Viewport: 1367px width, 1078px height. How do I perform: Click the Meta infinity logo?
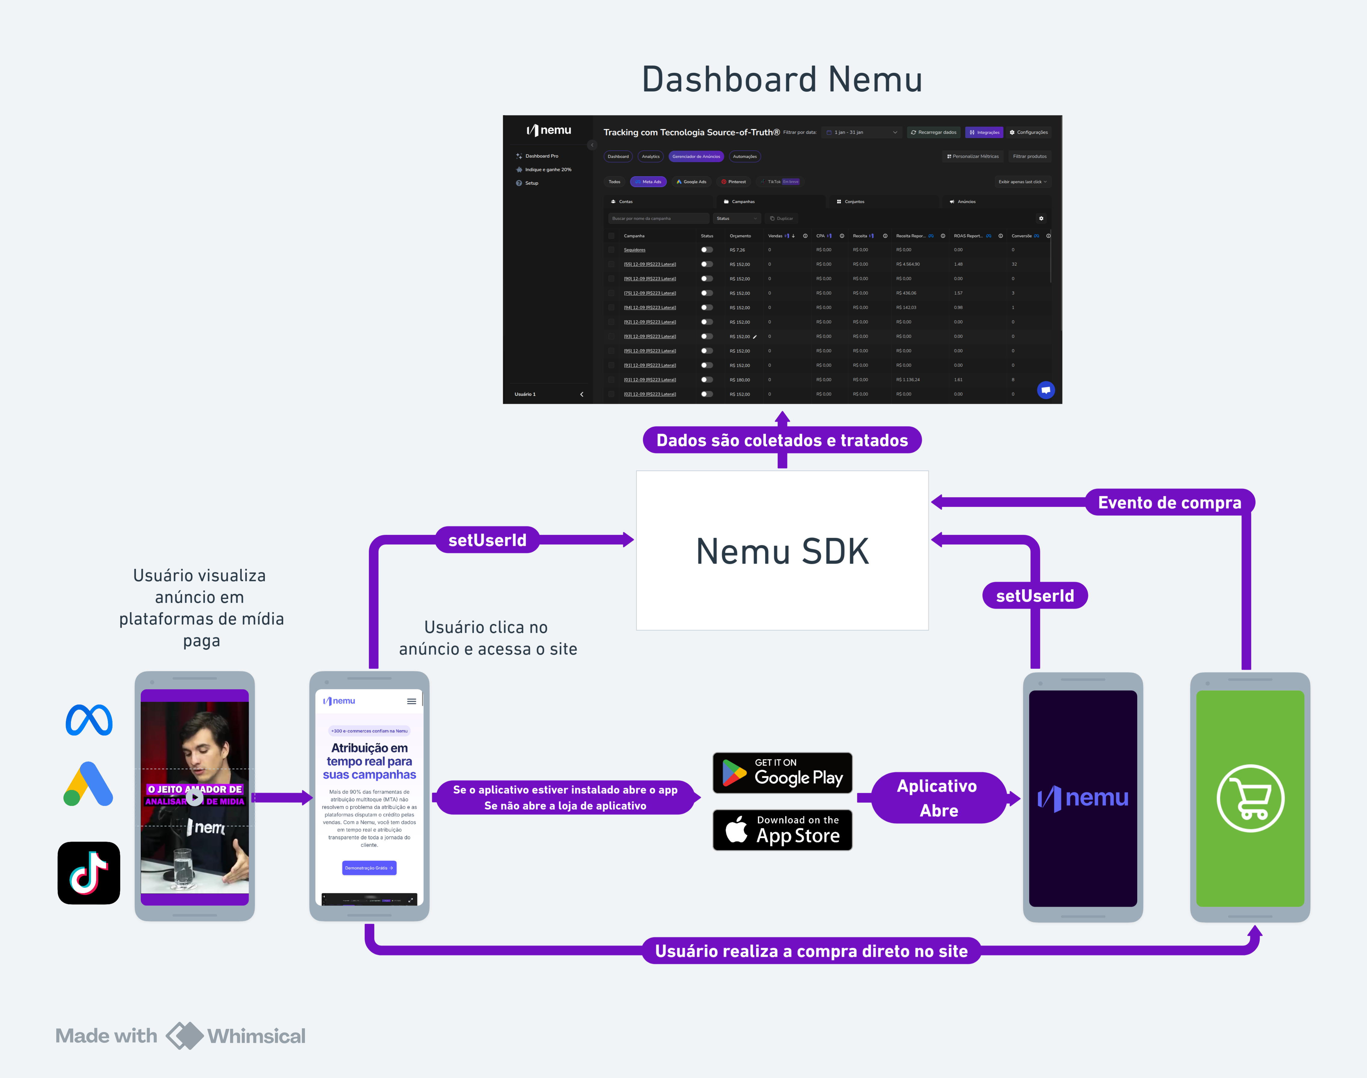(x=89, y=720)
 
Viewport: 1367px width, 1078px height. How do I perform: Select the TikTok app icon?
(x=89, y=873)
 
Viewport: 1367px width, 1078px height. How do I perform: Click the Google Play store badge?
(x=782, y=773)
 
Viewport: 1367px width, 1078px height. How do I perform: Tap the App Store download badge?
(x=782, y=830)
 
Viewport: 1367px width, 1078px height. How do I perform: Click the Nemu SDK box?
(x=782, y=550)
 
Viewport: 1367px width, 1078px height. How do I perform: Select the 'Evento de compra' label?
(x=1169, y=502)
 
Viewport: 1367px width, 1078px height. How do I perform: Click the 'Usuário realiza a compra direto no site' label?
(x=811, y=951)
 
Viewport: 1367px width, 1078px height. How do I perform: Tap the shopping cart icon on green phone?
(x=1250, y=798)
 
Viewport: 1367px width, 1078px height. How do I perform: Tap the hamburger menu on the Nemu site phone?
(x=411, y=701)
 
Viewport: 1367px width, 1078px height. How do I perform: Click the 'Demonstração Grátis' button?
(x=369, y=868)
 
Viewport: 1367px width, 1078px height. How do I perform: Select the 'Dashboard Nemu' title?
(x=782, y=79)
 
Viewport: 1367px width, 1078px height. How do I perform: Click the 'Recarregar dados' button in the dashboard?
(x=934, y=133)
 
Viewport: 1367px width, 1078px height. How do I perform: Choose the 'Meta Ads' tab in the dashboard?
(x=649, y=182)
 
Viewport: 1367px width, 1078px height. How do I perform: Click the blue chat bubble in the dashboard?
(x=1045, y=390)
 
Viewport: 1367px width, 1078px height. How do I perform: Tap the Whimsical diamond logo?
(x=184, y=1036)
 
